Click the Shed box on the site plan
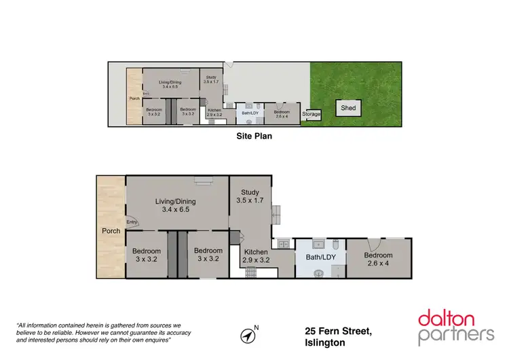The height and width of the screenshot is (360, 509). pos(348,108)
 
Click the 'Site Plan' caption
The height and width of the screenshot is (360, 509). pos(254,136)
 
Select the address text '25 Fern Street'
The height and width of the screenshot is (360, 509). pos(338,331)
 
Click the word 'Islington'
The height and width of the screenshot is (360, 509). pos(324,343)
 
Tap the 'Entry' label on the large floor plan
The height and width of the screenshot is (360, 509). pos(131,221)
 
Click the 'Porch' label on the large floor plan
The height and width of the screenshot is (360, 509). pos(111,231)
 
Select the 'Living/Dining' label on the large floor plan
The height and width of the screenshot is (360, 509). pos(176,201)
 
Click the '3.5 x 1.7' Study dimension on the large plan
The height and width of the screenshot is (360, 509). pos(250,200)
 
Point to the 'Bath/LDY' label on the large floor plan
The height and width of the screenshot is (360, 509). pos(320,257)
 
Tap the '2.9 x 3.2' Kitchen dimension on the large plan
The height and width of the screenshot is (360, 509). pos(257,260)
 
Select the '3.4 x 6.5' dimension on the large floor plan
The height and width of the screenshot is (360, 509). pos(176,210)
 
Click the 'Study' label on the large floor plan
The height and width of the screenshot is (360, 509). pos(250,192)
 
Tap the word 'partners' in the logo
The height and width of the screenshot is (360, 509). pos(456,334)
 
